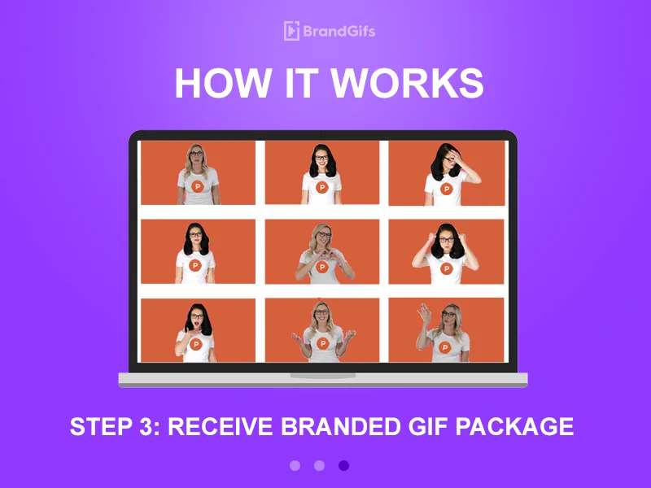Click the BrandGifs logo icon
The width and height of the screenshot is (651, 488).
click(x=291, y=31)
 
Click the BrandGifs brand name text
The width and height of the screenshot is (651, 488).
click(x=339, y=32)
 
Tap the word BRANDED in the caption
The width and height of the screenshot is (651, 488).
click(x=322, y=426)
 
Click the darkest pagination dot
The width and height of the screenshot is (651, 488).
click(x=343, y=465)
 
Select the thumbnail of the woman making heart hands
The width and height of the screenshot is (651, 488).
click(x=322, y=251)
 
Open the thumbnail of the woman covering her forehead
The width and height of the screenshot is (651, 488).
click(x=446, y=173)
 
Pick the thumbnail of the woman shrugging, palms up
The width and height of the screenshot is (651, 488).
click(x=322, y=329)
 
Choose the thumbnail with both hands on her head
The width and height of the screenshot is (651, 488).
click(x=446, y=251)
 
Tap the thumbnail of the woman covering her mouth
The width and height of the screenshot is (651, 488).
click(x=198, y=329)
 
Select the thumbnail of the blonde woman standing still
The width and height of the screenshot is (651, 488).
click(x=198, y=173)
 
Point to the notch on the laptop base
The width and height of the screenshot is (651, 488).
click(x=322, y=376)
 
